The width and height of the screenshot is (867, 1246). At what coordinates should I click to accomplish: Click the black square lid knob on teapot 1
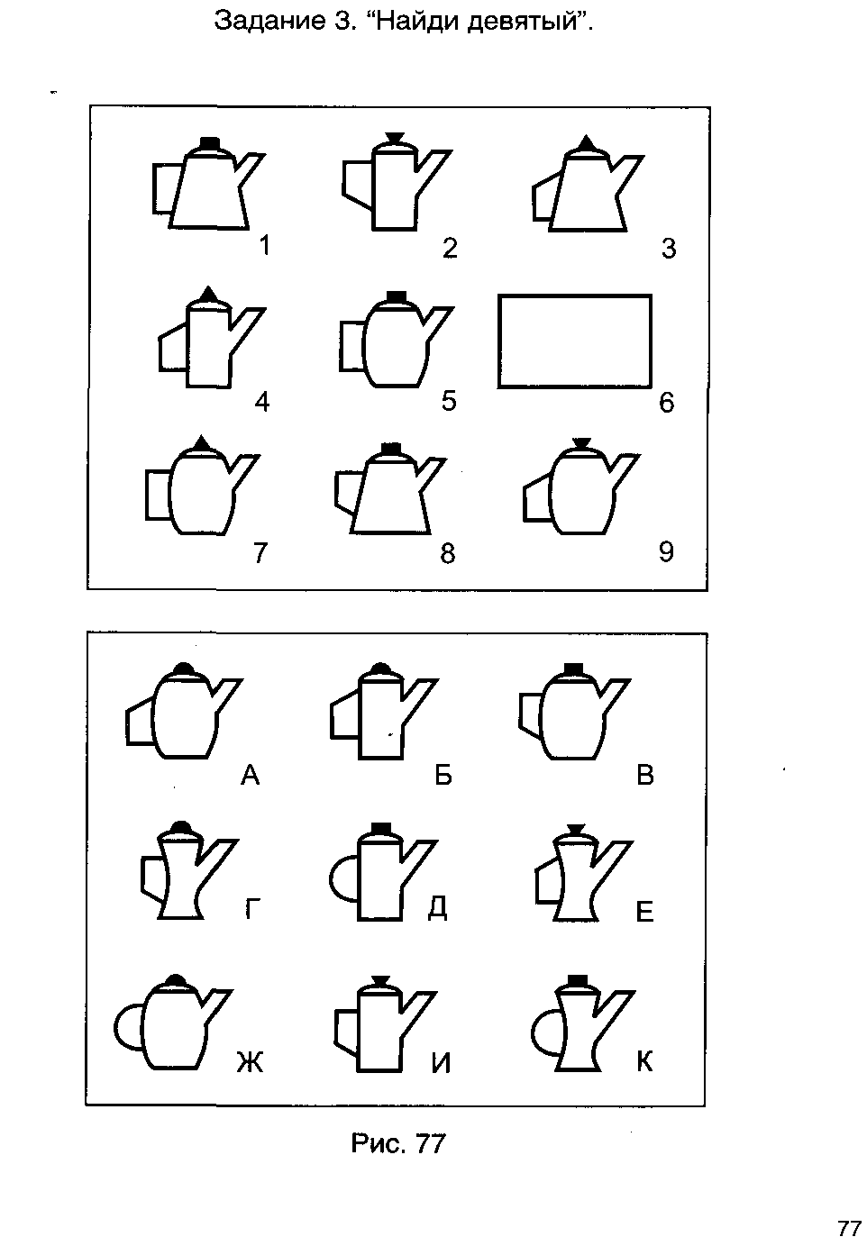pyautogui.click(x=210, y=143)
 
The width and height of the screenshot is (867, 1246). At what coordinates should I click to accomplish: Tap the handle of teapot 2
pyautogui.click(x=357, y=184)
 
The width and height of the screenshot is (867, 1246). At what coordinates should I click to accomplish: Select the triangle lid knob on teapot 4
pyautogui.click(x=207, y=293)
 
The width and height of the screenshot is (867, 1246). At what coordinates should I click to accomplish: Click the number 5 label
pyautogui.click(x=449, y=401)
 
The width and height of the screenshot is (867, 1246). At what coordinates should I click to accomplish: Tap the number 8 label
pyautogui.click(x=448, y=552)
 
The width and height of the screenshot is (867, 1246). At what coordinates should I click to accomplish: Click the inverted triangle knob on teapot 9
pyautogui.click(x=581, y=442)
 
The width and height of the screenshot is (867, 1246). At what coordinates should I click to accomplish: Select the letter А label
pyautogui.click(x=251, y=774)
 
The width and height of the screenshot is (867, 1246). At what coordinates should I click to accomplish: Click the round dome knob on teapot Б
pyautogui.click(x=380, y=668)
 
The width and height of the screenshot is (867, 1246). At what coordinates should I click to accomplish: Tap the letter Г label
pyautogui.click(x=253, y=909)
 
